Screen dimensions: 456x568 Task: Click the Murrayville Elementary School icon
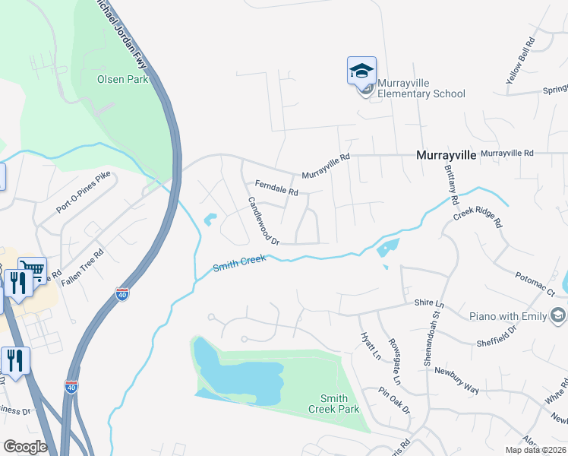tap(361, 74)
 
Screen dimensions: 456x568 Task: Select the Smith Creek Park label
tap(333, 404)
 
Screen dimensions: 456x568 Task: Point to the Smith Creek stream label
tap(239, 264)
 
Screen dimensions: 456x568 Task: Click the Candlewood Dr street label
tap(264, 222)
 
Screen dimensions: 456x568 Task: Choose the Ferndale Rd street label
tap(276, 188)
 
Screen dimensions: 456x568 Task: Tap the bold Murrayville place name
tap(446, 154)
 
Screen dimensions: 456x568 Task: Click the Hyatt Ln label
tap(370, 344)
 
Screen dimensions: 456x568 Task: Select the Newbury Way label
tap(456, 380)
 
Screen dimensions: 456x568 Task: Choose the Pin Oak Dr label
tap(395, 400)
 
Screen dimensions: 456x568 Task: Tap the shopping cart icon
tap(31, 271)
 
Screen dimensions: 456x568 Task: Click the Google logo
tap(25, 447)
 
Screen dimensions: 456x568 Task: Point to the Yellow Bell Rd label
tap(521, 59)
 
